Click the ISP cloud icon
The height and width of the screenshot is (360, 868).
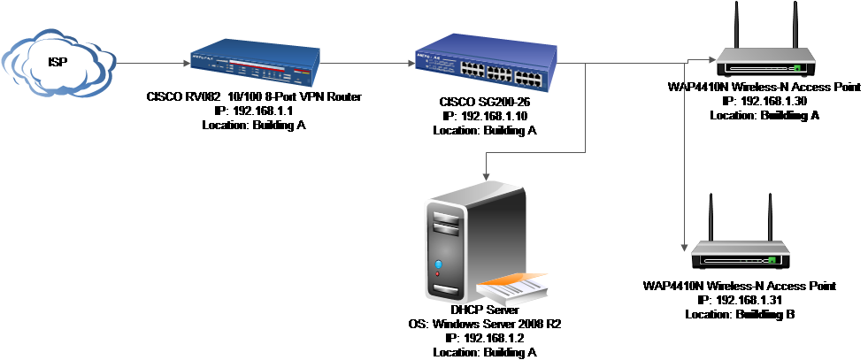click(58, 63)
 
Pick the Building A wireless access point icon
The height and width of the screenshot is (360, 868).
click(765, 49)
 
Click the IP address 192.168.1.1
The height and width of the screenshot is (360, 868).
click(254, 111)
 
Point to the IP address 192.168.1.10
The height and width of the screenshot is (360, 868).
click(485, 116)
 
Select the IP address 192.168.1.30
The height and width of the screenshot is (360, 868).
click(764, 101)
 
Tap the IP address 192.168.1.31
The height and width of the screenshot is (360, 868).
click(740, 300)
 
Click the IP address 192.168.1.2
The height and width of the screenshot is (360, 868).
click(485, 338)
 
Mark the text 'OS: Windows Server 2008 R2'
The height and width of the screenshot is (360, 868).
click(485, 324)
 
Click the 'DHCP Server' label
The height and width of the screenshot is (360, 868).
click(485, 310)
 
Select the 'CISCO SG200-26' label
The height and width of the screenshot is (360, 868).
click(485, 102)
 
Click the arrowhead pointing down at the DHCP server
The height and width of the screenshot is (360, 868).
click(486, 176)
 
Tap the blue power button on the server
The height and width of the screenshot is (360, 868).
click(439, 264)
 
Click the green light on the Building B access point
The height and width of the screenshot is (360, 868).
click(772, 259)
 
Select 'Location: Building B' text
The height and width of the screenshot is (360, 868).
click(740, 315)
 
